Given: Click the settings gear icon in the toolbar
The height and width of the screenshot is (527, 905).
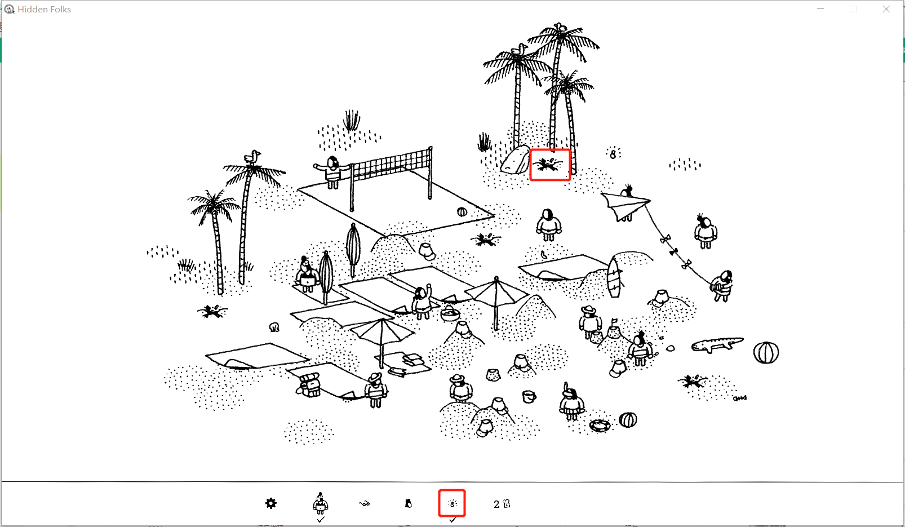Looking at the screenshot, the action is (270, 503).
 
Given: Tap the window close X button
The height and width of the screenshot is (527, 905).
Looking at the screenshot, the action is (886, 9).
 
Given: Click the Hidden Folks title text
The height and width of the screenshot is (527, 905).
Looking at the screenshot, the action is (44, 9).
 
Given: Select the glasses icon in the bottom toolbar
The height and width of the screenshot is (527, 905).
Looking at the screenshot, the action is (365, 503).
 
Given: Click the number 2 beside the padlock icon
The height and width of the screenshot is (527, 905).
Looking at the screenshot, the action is (496, 504).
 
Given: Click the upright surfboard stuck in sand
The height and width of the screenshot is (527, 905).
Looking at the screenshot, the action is (614, 277).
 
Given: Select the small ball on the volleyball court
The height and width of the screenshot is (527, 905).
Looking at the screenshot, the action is (462, 212).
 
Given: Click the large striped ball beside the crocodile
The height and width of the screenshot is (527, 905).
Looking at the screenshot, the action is (766, 353).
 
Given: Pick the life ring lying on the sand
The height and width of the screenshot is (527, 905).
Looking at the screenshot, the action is (600, 426).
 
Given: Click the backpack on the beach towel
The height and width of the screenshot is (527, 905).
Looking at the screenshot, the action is (309, 384).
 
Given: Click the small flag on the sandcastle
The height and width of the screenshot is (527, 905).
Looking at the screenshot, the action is (614, 322).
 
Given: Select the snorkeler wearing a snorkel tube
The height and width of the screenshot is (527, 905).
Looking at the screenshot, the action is (571, 401).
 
